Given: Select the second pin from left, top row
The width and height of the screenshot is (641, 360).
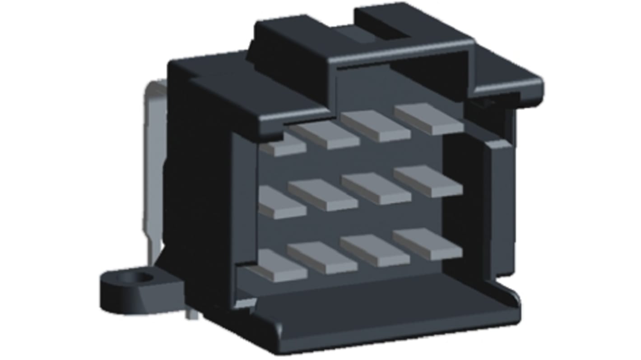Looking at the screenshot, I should [x=325, y=134].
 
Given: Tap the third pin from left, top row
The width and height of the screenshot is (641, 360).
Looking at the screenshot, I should [x=376, y=126].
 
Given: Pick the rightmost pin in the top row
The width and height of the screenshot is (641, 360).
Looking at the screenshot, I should [x=429, y=119].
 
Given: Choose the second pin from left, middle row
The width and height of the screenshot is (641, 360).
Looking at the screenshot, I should [x=323, y=195].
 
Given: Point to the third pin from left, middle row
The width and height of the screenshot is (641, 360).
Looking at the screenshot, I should [x=376, y=188].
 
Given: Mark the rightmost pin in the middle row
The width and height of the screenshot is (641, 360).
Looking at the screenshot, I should [x=428, y=181].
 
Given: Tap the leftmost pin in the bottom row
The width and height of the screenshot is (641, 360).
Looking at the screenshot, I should [x=281, y=266].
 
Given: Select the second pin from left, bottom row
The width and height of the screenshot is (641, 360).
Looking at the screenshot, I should [x=322, y=258].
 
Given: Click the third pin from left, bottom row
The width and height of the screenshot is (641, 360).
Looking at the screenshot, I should [x=375, y=250].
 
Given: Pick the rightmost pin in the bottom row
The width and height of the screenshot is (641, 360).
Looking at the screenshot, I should [x=427, y=244].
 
